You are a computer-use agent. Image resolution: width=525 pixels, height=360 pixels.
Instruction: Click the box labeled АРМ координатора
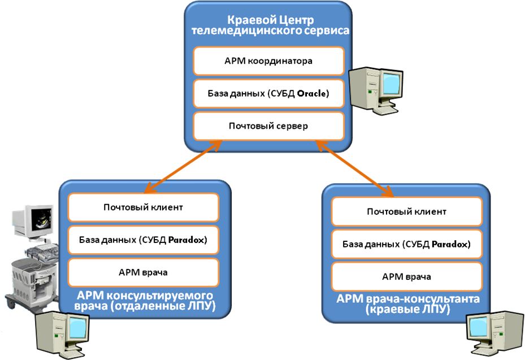tap(268, 61)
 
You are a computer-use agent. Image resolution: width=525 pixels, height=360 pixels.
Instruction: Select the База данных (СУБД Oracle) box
tap(268, 93)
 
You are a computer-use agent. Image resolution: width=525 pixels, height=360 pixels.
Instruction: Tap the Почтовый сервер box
tap(268, 126)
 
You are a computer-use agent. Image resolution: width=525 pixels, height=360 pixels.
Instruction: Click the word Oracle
tap(312, 93)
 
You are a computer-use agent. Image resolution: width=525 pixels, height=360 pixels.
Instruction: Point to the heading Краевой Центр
tap(271, 20)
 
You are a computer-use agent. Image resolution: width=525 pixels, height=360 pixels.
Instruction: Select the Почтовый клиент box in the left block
tap(144, 207)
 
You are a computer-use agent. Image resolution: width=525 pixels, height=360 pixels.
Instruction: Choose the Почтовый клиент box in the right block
tap(407, 211)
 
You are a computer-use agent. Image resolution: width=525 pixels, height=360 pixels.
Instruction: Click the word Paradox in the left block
tap(186, 240)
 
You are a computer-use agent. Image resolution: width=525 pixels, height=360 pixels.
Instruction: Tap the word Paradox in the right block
tap(450, 244)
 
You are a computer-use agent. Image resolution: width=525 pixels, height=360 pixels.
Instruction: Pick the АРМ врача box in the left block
tap(144, 272)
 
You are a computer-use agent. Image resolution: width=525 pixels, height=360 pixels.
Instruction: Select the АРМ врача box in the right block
tap(407, 276)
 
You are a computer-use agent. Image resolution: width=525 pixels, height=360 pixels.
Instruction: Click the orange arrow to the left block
tap(183, 167)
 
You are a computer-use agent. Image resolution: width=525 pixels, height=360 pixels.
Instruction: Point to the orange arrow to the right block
tap(354, 168)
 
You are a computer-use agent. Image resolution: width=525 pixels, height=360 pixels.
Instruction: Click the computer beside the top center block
tap(376, 91)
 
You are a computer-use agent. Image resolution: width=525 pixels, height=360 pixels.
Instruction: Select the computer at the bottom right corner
tap(495, 335)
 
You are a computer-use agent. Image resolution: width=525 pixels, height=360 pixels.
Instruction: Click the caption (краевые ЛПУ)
tap(407, 309)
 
